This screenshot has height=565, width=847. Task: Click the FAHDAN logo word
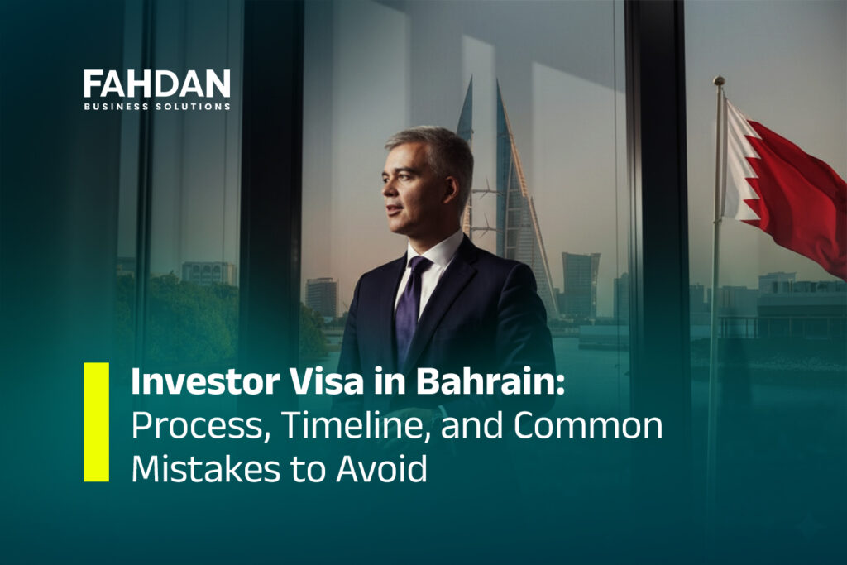[x=156, y=84]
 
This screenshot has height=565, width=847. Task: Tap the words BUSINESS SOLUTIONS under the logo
[x=156, y=106]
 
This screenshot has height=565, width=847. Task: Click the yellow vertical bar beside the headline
[x=96, y=421]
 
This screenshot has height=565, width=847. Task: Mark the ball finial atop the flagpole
[x=719, y=81]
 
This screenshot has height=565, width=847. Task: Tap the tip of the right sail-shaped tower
[x=499, y=82]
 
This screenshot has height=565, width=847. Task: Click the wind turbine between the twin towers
[x=486, y=191]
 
